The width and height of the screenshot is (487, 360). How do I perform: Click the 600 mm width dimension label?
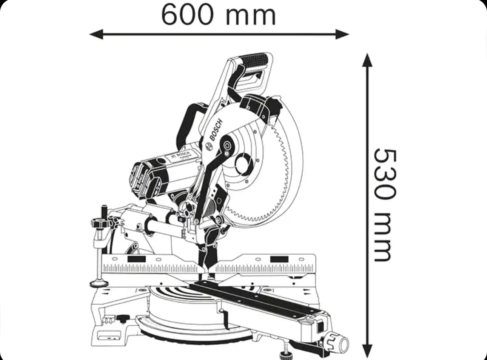(x=219, y=15)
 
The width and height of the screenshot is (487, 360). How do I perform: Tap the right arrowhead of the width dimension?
(x=342, y=34)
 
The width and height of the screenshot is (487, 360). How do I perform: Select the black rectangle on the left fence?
(x=136, y=259)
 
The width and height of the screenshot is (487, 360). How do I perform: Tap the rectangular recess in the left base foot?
(x=108, y=335)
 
